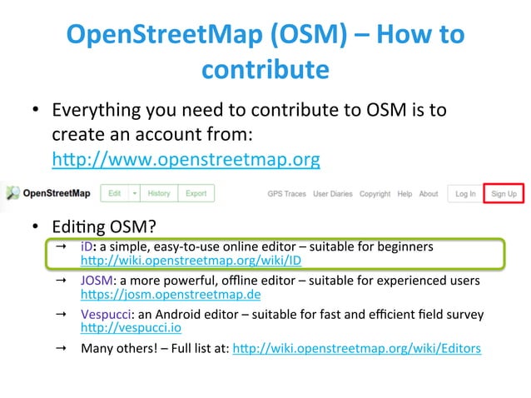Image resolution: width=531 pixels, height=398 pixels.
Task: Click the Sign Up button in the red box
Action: pos(504,194)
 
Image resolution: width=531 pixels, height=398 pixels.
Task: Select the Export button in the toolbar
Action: pos(196,194)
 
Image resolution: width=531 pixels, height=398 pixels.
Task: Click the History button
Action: pos(159,194)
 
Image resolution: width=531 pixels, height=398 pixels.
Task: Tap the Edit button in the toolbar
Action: pos(115,194)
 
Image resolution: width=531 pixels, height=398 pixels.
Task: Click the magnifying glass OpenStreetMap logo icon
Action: pos(12,194)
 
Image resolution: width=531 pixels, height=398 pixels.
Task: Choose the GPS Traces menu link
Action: pos(286,194)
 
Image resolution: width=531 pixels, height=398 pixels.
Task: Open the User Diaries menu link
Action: pos(333,194)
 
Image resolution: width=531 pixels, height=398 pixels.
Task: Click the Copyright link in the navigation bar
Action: pos(375,194)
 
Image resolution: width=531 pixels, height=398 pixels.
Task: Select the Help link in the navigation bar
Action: pos(404,194)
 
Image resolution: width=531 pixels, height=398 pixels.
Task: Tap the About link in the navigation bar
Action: pos(429,194)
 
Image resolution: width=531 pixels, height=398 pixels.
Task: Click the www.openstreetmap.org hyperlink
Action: pos(186,158)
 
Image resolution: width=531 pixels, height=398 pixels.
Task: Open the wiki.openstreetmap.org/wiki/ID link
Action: pos(191,261)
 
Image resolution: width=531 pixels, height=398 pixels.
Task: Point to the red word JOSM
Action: pos(95,281)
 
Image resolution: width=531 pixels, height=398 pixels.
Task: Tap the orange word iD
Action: pos(87,247)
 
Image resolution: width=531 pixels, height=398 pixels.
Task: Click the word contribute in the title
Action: pos(264,70)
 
